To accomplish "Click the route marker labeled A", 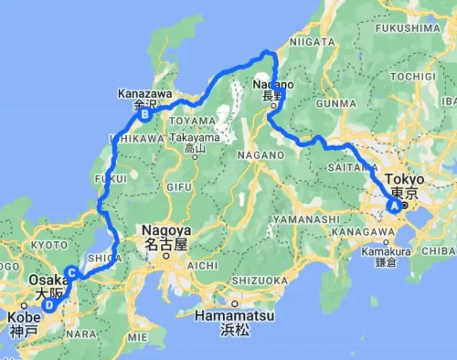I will [395, 206].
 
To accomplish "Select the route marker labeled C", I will [70, 270].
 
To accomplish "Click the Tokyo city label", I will [404, 179].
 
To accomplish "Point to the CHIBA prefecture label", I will [441, 249].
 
